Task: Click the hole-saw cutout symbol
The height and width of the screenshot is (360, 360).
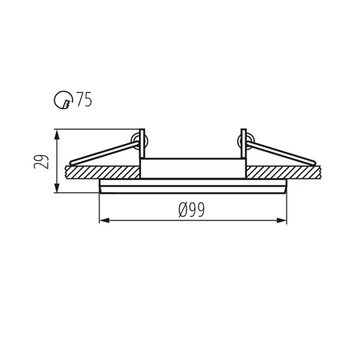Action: point(63,101)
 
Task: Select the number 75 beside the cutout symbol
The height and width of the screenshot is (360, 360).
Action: point(83,101)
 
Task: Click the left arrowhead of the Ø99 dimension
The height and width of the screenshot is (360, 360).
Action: point(102,220)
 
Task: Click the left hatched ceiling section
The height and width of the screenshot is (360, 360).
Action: point(101,171)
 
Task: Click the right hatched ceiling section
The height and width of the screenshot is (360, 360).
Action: point(284,171)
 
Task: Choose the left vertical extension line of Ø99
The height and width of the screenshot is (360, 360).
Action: point(99,209)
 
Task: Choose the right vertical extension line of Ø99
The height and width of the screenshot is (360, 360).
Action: point(287,209)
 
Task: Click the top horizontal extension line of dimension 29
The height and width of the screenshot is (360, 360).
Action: point(94,130)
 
